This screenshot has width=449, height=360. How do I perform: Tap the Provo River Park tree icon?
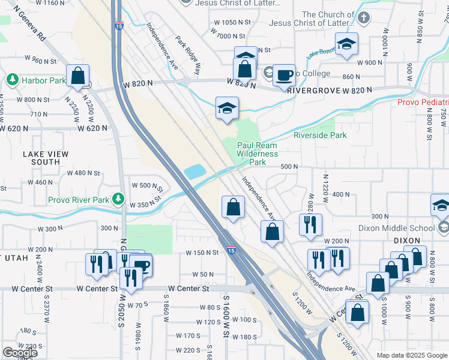(119, 199)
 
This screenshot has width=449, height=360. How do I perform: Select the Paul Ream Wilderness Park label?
(257, 154)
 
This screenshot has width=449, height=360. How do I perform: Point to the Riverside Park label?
(320, 135)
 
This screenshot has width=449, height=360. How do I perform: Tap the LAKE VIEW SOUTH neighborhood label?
(41, 158)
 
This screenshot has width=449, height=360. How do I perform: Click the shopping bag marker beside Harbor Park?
(78, 76)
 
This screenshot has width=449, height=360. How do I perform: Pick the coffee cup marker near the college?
(284, 76)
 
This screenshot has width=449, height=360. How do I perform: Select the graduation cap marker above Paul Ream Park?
(227, 108)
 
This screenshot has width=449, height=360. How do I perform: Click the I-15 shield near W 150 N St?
(231, 251)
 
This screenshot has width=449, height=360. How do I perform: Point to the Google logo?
(20, 353)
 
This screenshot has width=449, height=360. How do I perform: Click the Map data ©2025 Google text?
(411, 355)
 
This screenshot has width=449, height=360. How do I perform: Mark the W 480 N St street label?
(82, 173)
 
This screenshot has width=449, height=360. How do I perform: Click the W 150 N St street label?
(202, 253)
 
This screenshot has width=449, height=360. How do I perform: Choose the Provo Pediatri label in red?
(423, 103)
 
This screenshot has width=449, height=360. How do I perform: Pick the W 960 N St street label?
(40, 60)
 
